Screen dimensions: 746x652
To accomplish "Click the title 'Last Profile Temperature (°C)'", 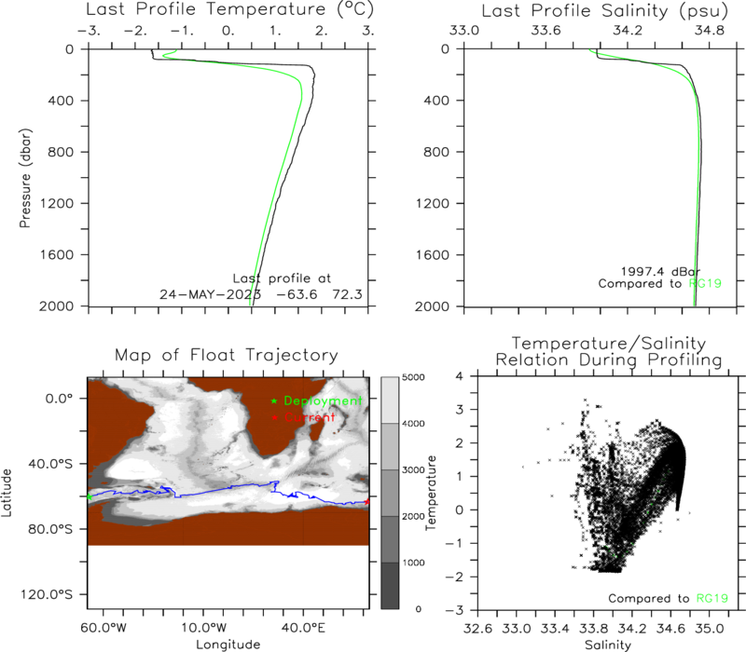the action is pyautogui.click(x=229, y=9).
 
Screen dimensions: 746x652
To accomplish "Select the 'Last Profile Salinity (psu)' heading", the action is pyautogui.click(x=604, y=11).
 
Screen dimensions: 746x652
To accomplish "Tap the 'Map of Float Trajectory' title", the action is pyautogui.click(x=227, y=355).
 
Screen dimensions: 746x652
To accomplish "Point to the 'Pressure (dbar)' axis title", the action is pyautogui.click(x=25, y=178).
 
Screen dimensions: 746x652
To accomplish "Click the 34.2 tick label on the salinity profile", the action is pyautogui.click(x=628, y=31).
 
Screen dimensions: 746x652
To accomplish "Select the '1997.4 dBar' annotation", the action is pyautogui.click(x=660, y=271).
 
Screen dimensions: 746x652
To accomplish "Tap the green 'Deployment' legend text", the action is pyautogui.click(x=323, y=401).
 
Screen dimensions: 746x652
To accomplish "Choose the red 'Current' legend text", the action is pyautogui.click(x=310, y=417).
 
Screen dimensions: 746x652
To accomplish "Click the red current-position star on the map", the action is pyautogui.click(x=366, y=501).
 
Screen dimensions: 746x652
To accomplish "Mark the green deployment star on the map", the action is pyautogui.click(x=89, y=497).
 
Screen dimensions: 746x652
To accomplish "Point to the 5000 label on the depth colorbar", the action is pyautogui.click(x=413, y=377).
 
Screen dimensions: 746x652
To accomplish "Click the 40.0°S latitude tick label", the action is pyautogui.click(x=50, y=464).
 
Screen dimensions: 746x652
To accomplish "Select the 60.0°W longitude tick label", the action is pyautogui.click(x=104, y=628).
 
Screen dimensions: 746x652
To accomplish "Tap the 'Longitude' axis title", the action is pyautogui.click(x=228, y=645).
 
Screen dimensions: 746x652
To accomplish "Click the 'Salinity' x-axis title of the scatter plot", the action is pyautogui.click(x=608, y=645).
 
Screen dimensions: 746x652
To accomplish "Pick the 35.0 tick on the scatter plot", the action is pyautogui.click(x=710, y=629).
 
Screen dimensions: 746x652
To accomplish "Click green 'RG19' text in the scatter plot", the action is pyautogui.click(x=712, y=598).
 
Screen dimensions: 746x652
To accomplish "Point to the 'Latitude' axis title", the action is pyautogui.click(x=7, y=493).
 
